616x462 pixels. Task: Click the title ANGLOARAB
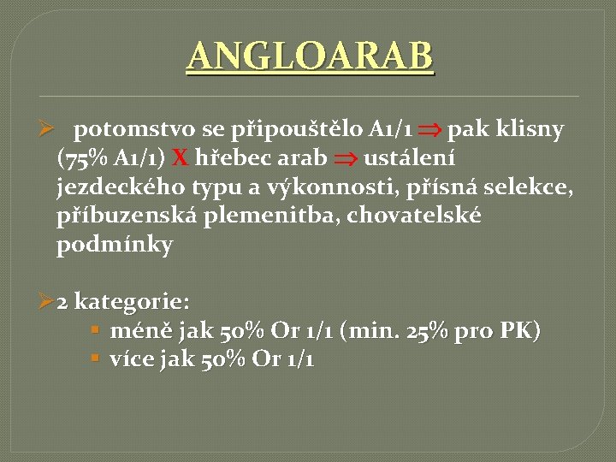(x=310, y=57)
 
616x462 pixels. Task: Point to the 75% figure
(x=81, y=158)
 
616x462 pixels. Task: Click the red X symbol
(x=181, y=158)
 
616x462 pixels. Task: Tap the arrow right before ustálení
(x=346, y=159)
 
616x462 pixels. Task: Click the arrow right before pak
(x=430, y=131)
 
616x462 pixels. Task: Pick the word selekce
(x=534, y=187)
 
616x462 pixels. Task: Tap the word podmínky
(x=115, y=245)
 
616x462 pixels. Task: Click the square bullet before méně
(x=96, y=330)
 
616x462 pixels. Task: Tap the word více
(x=133, y=359)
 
